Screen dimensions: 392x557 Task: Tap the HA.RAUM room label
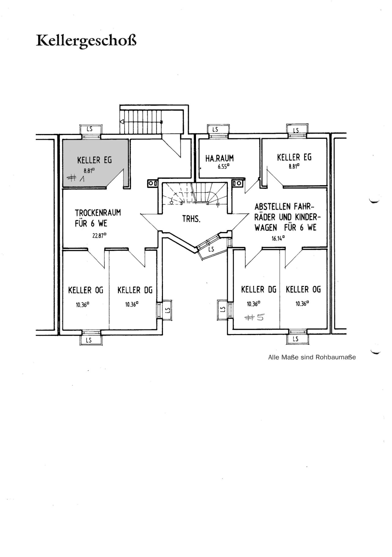click(220, 158)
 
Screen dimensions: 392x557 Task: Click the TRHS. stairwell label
click(191, 219)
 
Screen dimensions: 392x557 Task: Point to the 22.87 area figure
click(100, 236)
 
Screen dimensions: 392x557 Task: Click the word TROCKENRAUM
click(98, 212)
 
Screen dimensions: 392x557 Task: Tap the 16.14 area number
click(278, 238)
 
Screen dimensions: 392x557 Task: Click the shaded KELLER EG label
click(94, 160)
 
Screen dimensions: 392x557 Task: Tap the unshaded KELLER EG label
click(294, 158)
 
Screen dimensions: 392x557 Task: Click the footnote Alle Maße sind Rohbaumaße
click(312, 357)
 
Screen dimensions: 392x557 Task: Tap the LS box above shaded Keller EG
click(89, 129)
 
